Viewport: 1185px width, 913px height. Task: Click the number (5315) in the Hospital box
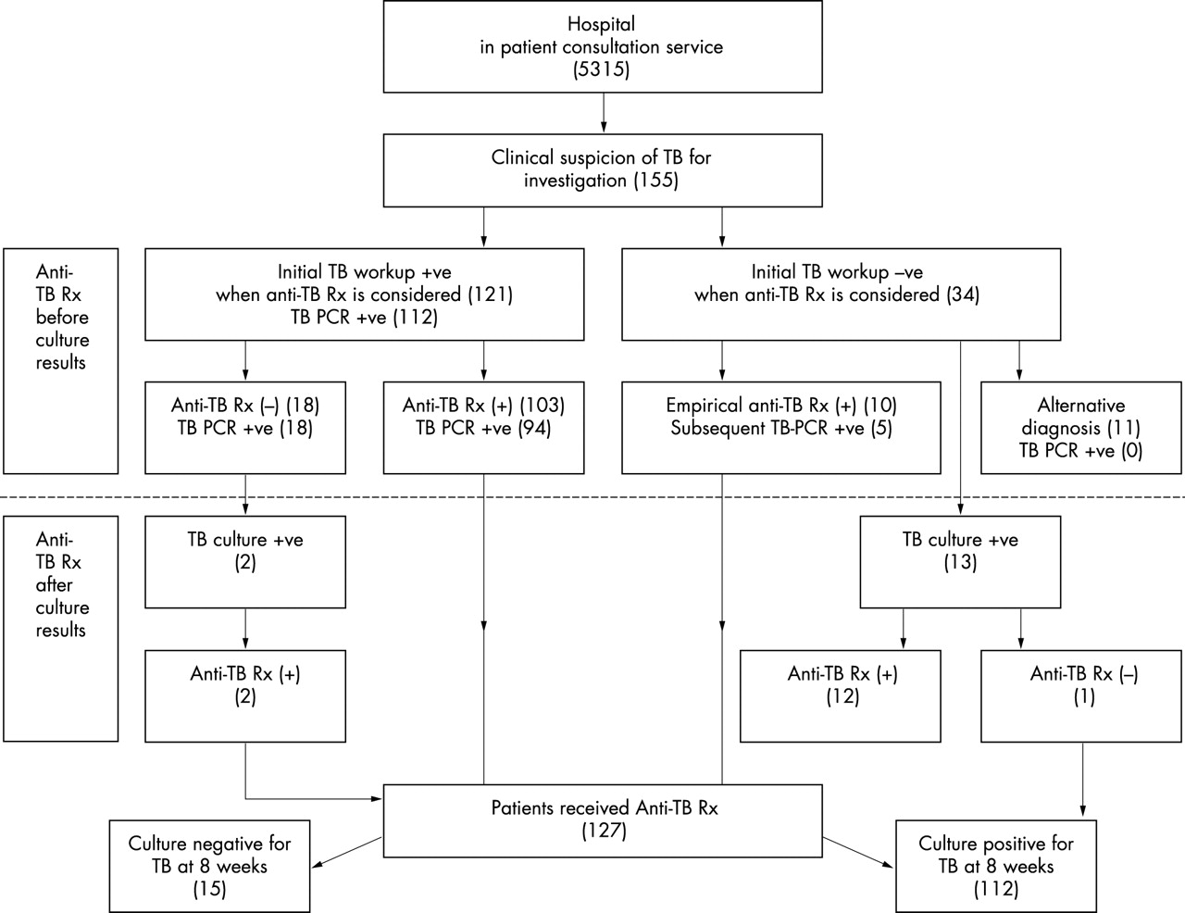(x=602, y=69)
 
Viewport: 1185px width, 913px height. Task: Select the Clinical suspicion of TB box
(x=602, y=169)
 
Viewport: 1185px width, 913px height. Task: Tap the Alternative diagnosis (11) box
(x=1080, y=428)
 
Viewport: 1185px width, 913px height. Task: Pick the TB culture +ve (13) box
(x=959, y=561)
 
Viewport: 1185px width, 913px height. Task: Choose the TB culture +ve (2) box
(x=245, y=561)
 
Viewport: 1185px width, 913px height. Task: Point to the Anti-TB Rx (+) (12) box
(x=841, y=696)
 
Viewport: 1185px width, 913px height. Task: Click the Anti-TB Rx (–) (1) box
(x=1082, y=696)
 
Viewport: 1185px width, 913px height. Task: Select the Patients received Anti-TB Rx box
(x=603, y=819)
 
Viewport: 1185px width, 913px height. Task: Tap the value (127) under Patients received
(x=604, y=832)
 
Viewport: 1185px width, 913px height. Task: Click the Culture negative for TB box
(x=209, y=866)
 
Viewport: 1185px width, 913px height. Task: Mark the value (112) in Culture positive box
(x=996, y=889)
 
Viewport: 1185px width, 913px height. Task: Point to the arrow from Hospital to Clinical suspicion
(x=604, y=113)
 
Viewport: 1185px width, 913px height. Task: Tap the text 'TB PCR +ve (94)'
(x=483, y=429)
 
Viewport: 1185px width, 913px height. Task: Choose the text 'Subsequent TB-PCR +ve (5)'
(x=781, y=429)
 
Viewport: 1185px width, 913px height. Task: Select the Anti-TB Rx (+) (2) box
(x=245, y=696)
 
